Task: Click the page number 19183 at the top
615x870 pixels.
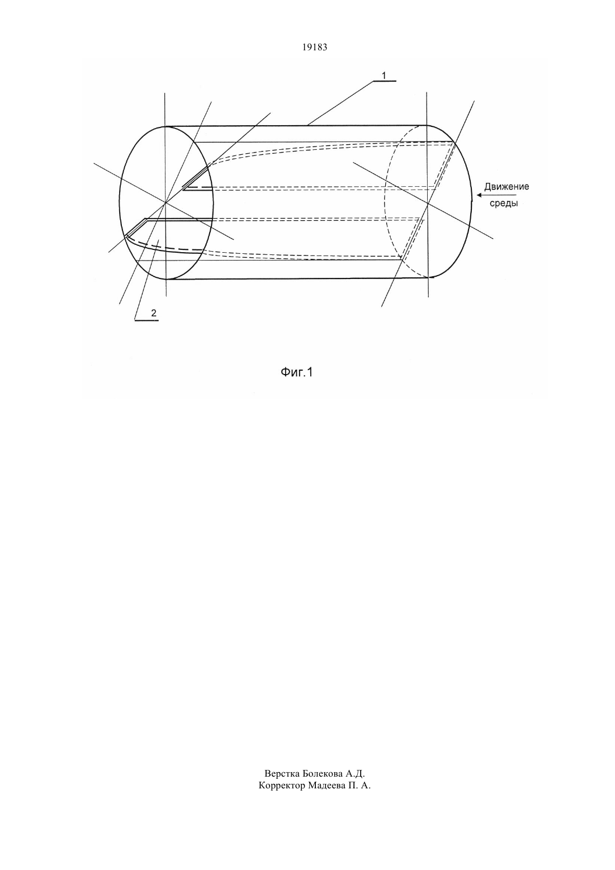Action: (x=314, y=48)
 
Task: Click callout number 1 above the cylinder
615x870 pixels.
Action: (x=384, y=75)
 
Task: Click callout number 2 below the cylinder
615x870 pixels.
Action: (x=153, y=313)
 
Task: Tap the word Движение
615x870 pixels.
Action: (x=507, y=187)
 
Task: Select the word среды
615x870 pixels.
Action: (x=503, y=203)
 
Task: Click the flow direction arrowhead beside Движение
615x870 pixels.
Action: (x=480, y=195)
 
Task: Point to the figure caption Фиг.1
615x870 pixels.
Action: (x=297, y=372)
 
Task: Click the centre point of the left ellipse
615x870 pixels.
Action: (x=166, y=202)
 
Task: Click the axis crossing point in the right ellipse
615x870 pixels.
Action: (x=428, y=203)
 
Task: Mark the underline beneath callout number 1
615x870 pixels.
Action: (x=385, y=81)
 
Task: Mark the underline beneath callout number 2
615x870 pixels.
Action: (x=146, y=320)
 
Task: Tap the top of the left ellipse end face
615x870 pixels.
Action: (x=166, y=126)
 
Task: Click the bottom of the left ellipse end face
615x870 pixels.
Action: (x=166, y=279)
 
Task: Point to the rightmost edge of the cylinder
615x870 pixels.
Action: (x=472, y=201)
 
